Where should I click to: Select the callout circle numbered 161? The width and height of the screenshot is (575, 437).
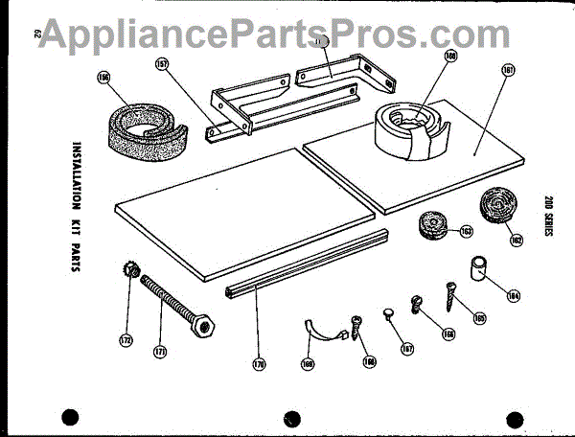point(507,70)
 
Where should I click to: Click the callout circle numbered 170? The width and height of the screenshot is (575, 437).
point(259,363)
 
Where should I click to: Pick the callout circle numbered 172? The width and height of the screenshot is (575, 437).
point(126,339)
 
